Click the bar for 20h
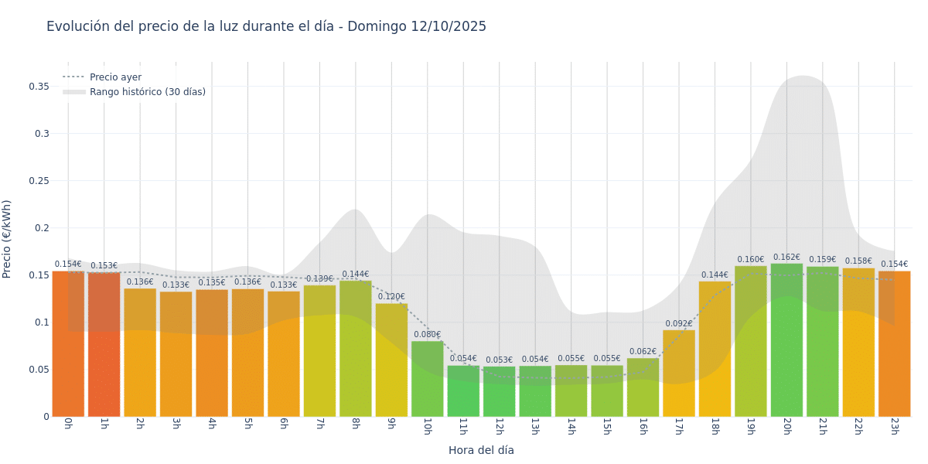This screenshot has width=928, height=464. coord(786,340)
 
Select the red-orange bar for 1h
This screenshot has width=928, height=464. coord(104,344)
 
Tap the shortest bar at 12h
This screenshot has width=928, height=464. coord(499,391)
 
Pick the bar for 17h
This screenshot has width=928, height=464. coord(679,374)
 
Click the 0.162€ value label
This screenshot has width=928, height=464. coord(786,258)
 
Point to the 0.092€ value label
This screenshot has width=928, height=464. coord(679,324)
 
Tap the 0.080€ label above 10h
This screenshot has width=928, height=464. coord(427,335)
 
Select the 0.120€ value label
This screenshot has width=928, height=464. coord(391,297)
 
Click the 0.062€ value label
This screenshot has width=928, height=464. coord(643,352)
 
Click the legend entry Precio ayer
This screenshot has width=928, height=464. coord(115,77)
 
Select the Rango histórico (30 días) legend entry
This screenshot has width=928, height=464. coord(147,92)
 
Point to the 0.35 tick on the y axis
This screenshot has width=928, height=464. coord(39,87)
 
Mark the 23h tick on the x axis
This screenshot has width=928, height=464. coord(894,426)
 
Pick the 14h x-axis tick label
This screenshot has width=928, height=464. coord(571,426)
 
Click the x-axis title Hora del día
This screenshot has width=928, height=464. coord(481,450)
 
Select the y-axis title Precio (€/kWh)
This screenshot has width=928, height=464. coord(7,239)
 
